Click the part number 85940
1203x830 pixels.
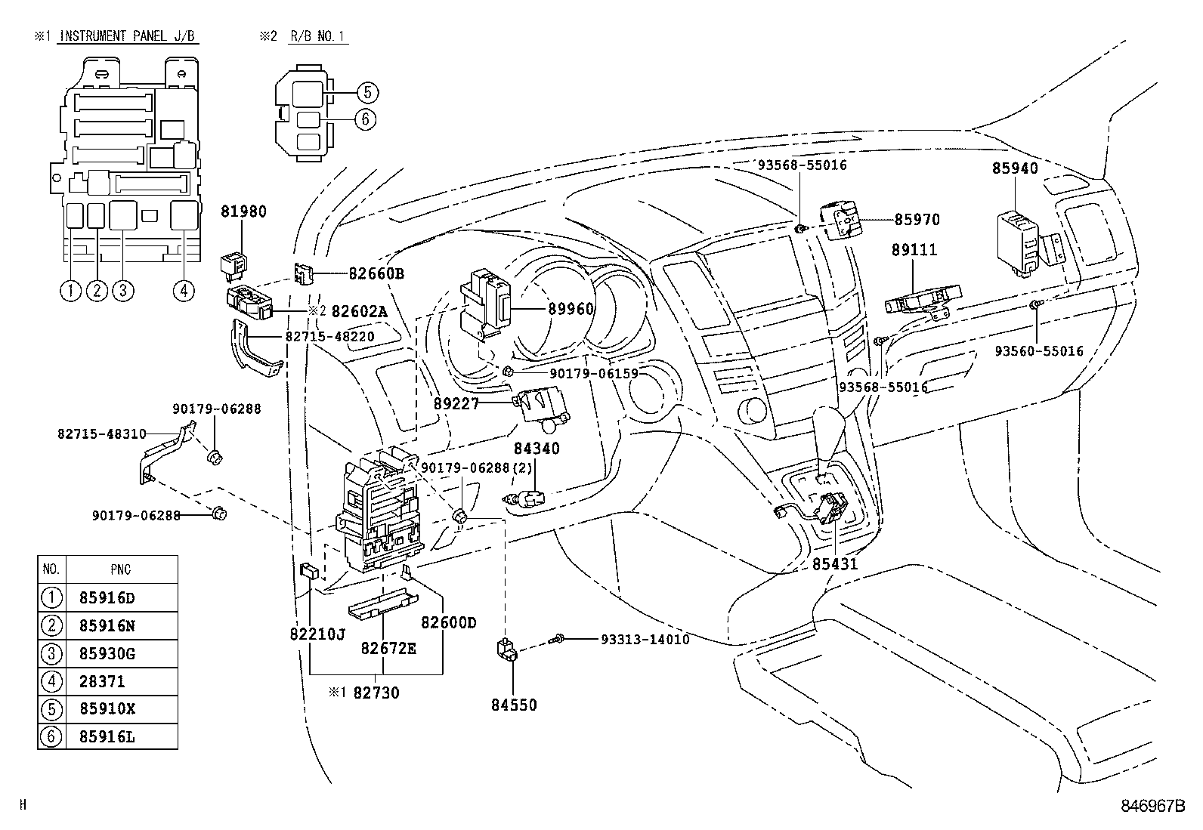click(x=1015, y=169)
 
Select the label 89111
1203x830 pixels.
click(x=914, y=250)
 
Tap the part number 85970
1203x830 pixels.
click(x=917, y=220)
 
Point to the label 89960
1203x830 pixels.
click(x=571, y=309)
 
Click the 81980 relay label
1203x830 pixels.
click(x=243, y=212)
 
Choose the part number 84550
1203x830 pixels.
click(x=514, y=705)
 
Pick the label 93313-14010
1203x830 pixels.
click(x=645, y=639)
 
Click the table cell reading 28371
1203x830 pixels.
click(x=101, y=681)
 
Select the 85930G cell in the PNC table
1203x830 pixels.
click(x=107, y=653)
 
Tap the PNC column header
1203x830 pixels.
click(x=121, y=569)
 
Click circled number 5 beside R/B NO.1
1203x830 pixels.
click(x=366, y=93)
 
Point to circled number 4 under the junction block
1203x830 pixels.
click(x=184, y=290)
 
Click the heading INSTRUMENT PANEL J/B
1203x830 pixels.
click(x=128, y=36)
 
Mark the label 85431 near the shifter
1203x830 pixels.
click(x=836, y=563)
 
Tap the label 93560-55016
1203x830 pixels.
click(x=1038, y=351)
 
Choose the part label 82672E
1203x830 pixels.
click(x=388, y=648)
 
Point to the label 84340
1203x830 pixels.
click(x=537, y=448)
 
